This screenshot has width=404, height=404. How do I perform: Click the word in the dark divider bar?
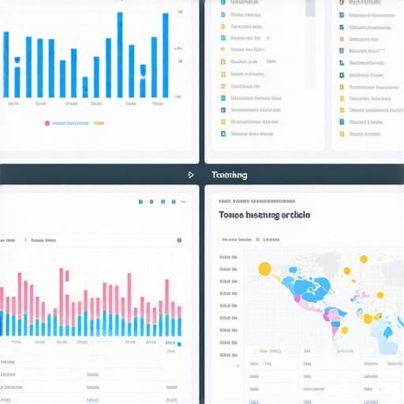(x=229, y=175)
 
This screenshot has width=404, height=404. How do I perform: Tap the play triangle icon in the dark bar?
(x=191, y=175)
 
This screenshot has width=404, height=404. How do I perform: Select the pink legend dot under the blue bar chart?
(x=47, y=123)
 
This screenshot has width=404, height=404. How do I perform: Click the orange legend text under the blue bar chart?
(x=99, y=123)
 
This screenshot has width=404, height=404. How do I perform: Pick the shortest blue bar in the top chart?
(x=84, y=87)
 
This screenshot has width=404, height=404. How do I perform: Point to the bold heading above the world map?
(x=264, y=215)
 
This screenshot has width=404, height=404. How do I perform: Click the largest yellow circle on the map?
(x=264, y=269)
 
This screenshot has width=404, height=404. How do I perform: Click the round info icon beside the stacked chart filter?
(x=179, y=240)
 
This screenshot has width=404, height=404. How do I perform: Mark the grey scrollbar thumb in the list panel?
(x=310, y=8)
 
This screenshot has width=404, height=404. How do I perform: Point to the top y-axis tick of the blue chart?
(x=181, y=13)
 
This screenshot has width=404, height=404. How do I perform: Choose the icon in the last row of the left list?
(x=224, y=133)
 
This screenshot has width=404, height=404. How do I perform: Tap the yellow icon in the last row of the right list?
(x=342, y=133)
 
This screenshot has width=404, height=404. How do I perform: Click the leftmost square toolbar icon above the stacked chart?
(x=140, y=201)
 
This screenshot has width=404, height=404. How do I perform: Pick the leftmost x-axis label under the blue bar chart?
(x=13, y=103)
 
